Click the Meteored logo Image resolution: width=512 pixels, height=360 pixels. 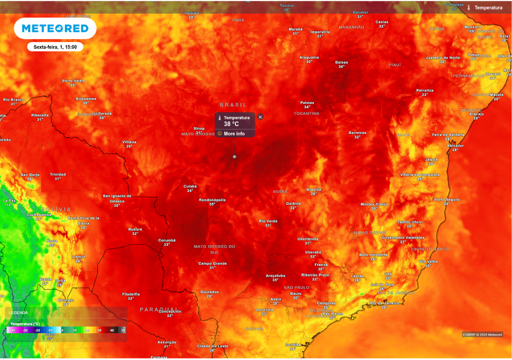pos(55,28)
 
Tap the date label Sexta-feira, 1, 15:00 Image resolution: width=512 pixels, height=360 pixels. pos(55,47)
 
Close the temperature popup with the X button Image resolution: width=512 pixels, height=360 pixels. pos(260,117)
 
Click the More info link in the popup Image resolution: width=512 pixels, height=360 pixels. pos(234,133)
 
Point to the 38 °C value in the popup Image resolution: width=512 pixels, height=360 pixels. pos(231,124)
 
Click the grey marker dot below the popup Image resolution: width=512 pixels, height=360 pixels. pos(234,156)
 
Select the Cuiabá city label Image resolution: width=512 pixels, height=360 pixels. pos(190,186)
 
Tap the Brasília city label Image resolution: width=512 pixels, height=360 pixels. pos(313,189)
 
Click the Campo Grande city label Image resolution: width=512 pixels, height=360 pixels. pos(212,263)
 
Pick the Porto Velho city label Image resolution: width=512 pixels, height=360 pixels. pos(73,80)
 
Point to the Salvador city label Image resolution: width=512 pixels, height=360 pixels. pos(455,145)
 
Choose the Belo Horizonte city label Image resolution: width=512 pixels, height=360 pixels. pos(373,254)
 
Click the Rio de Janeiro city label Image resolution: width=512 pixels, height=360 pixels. pos(384,303)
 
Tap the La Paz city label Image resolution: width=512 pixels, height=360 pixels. pos(9,200)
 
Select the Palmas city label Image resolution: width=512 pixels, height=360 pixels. pos(307,102)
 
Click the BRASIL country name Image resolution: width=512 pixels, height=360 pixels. pos(233,104)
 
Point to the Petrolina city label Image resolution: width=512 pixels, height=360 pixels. pos(425,90)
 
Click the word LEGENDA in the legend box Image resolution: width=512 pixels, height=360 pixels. pos(18,312)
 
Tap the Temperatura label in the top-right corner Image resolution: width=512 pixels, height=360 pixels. pos(488,7)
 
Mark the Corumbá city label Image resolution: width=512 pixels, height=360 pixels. pos(167,240)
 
